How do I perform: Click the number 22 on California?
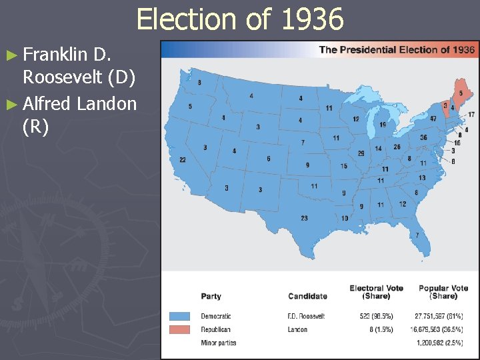[x=183, y=160]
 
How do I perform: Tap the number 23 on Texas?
[x=304, y=218]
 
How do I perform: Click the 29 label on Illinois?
[x=361, y=153]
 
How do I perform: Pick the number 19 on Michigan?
[x=383, y=125]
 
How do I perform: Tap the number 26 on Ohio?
[x=397, y=147]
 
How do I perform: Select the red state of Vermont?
[x=445, y=105]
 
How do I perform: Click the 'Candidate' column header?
[x=307, y=296]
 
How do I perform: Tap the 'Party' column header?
[x=211, y=296]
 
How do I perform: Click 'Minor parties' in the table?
[x=219, y=343]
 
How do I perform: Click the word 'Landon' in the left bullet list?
[x=107, y=103]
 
